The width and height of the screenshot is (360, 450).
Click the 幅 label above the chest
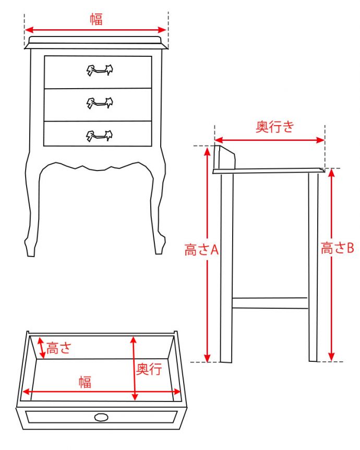click(x=97, y=19)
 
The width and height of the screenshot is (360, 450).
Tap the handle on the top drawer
click(x=100, y=70)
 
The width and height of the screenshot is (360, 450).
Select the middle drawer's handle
click(x=100, y=103)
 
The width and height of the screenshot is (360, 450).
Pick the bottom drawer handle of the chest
click(x=99, y=136)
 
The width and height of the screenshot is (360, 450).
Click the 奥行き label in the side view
click(x=275, y=127)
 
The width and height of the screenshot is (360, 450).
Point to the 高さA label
click(x=201, y=250)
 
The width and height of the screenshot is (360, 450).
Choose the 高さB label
click(x=338, y=248)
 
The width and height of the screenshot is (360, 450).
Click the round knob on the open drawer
click(x=101, y=417)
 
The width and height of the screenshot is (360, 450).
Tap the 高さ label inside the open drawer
click(x=58, y=348)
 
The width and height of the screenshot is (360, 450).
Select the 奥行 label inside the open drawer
click(x=149, y=369)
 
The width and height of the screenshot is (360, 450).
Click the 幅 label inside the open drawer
click(x=85, y=382)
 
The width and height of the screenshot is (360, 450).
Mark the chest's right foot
click(x=159, y=245)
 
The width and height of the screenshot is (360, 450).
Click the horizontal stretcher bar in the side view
click(x=270, y=303)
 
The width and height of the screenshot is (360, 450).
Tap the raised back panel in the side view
click(x=225, y=157)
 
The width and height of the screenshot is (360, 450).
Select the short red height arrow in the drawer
click(x=42, y=348)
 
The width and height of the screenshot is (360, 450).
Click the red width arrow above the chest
click(x=95, y=30)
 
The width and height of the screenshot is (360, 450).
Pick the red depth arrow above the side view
click(x=270, y=140)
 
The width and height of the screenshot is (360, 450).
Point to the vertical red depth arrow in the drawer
click(x=134, y=368)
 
